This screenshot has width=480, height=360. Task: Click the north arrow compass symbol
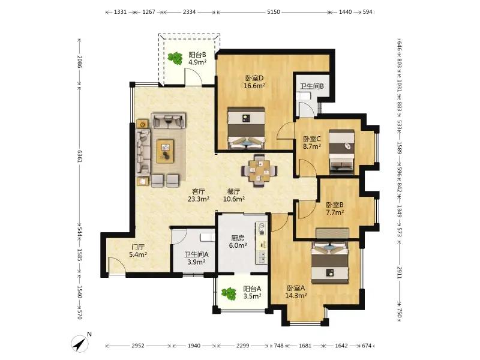[80, 343]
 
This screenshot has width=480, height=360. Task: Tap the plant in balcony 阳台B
[175, 58]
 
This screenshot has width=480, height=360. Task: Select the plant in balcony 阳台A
[229, 293]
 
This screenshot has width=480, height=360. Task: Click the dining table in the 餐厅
[259, 170]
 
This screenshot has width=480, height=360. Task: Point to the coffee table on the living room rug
[165, 151]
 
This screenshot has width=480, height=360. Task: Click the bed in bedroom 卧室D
[246, 128]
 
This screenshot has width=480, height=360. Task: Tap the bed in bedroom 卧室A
[330, 262]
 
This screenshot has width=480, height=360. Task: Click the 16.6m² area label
[254, 86]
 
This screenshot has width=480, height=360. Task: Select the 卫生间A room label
[197, 254]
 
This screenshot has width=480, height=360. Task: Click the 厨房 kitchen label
[238, 238]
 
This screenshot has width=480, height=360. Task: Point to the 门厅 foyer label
[138, 247]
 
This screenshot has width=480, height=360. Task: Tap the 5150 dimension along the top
[274, 12]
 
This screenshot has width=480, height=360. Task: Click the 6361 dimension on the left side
[79, 156]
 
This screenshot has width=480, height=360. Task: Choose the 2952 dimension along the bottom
[138, 346]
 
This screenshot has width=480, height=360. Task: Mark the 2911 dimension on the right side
[400, 272]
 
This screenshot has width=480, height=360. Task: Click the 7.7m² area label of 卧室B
[335, 212]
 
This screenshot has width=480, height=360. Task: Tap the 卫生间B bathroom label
[312, 86]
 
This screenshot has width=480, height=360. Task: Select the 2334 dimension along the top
[189, 12]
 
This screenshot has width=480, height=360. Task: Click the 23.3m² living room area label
[199, 199]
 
